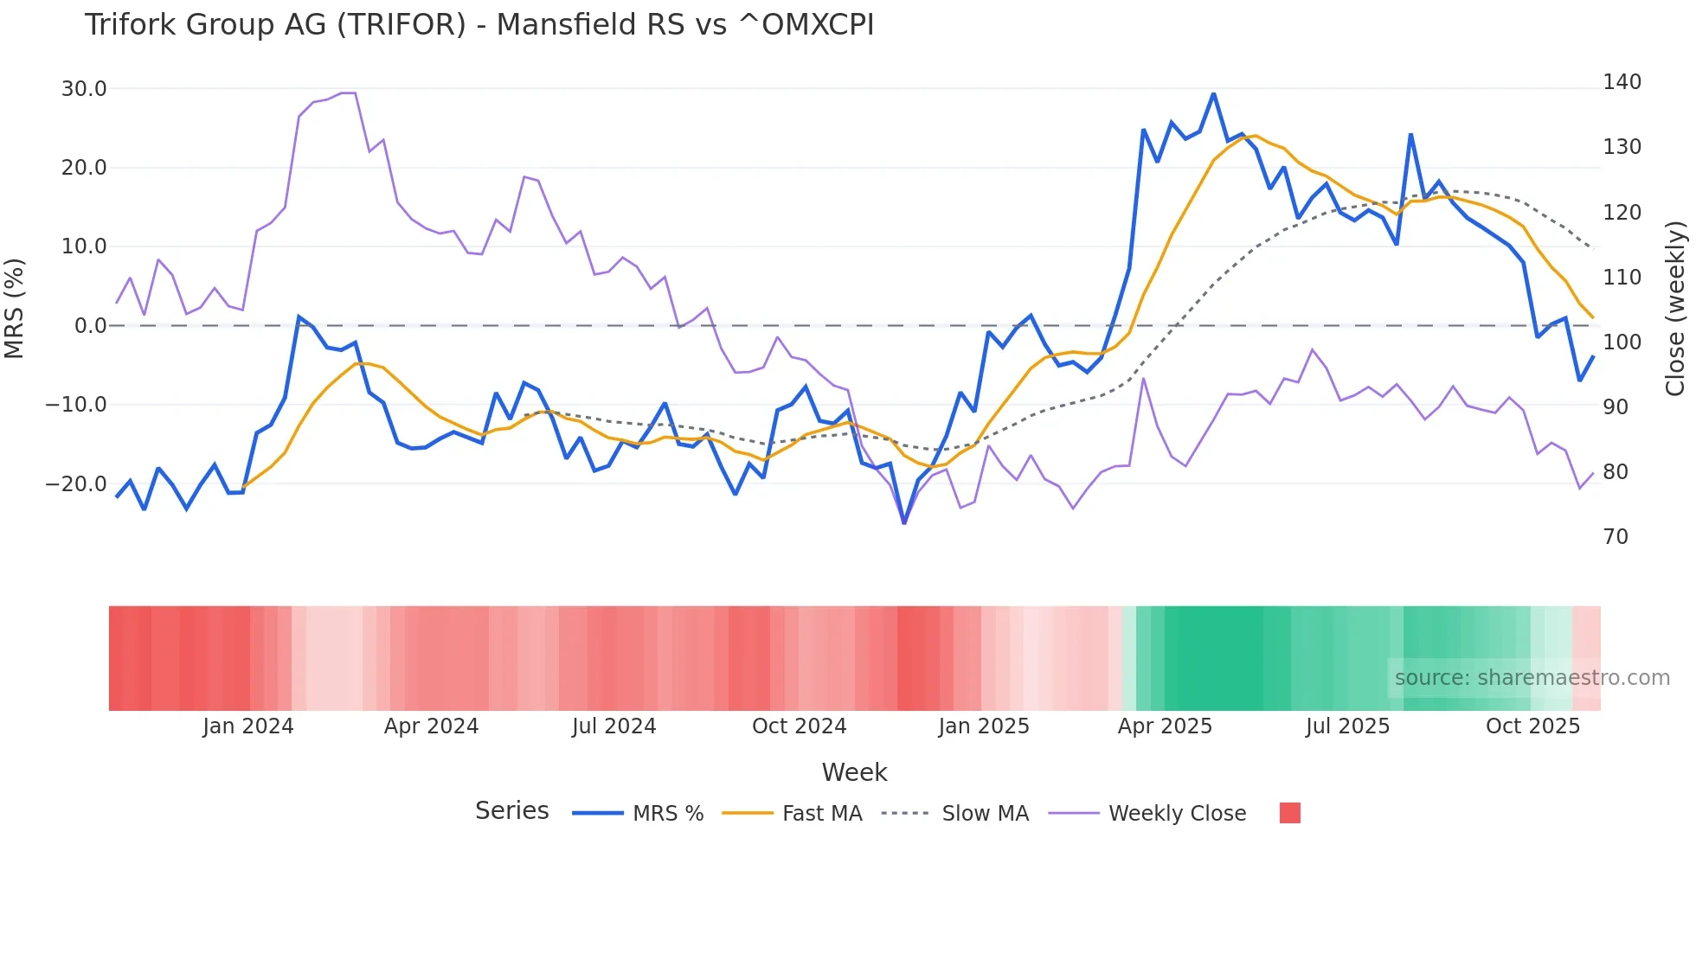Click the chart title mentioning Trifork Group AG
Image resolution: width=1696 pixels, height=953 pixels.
coord(479,25)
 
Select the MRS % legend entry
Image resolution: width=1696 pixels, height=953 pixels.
coord(667,814)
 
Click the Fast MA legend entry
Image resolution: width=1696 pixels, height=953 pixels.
coord(821,814)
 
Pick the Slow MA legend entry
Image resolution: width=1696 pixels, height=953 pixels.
coord(985,814)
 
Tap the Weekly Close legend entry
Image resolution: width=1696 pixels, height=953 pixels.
coord(1177,814)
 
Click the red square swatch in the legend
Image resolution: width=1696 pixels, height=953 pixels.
coord(1289,813)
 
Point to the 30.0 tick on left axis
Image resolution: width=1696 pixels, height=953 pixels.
coord(84,89)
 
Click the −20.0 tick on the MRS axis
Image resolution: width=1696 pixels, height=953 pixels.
coord(76,484)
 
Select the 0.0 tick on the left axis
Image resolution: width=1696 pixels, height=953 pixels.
coord(90,326)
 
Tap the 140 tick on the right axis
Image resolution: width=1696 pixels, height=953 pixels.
coord(1622,82)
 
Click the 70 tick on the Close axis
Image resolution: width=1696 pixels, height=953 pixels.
coord(1616,537)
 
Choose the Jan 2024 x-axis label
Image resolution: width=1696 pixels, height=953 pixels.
coord(248,726)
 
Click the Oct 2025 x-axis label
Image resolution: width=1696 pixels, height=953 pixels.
coord(1532,726)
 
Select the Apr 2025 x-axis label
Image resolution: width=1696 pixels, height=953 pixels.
coord(1165,726)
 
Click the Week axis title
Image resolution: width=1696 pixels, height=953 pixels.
coord(854,772)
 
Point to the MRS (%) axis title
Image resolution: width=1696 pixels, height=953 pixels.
coord(15,309)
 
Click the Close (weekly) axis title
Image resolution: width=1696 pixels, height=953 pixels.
coord(1675,309)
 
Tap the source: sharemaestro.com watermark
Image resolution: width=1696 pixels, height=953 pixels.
coord(1532,678)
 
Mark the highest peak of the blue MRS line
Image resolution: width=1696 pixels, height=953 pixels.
coord(1213,94)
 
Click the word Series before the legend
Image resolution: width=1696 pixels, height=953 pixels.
coord(511,811)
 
